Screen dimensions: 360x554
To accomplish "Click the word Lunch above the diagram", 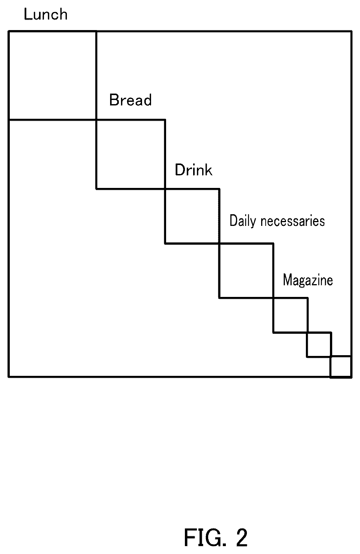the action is click(45, 14).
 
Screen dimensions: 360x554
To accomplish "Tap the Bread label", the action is click(130, 100).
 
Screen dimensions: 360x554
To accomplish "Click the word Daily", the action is click(242, 221).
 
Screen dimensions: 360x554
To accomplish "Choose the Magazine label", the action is click(308, 280).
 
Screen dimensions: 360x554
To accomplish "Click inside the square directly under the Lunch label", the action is click(52, 76).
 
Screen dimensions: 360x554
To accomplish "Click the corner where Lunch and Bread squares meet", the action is click(96, 120).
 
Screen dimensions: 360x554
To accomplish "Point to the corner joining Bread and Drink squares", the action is click(165, 189).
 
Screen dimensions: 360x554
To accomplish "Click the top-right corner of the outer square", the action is click(351, 31).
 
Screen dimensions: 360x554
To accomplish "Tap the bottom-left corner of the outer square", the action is click(9, 377).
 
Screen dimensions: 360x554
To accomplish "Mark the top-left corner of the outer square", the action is click(9, 31).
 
